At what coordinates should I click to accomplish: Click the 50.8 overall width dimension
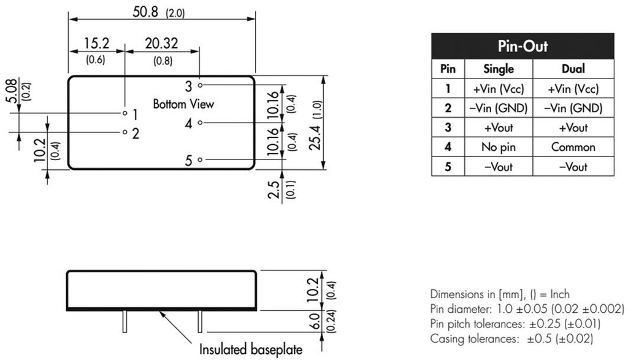145,12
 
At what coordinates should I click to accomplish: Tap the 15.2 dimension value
96,43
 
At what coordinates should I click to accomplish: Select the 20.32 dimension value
161,43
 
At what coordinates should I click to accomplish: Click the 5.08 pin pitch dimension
12,91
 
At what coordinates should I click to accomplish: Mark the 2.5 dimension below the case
274,190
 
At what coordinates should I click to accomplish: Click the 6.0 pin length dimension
316,321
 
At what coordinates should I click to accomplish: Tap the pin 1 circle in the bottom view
125,113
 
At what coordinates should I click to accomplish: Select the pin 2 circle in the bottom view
125,132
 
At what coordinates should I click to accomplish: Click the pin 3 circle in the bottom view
201,85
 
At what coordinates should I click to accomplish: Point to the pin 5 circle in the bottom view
201,160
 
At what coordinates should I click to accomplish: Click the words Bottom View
183,104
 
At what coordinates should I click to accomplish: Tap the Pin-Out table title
523,46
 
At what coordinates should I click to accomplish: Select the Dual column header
573,69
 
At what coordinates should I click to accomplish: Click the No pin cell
498,147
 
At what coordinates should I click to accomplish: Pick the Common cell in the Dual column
573,147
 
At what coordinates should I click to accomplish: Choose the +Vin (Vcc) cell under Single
499,88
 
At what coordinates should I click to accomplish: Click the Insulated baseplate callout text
251,349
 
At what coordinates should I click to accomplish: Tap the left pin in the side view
125,321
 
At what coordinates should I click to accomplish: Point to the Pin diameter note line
527,308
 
